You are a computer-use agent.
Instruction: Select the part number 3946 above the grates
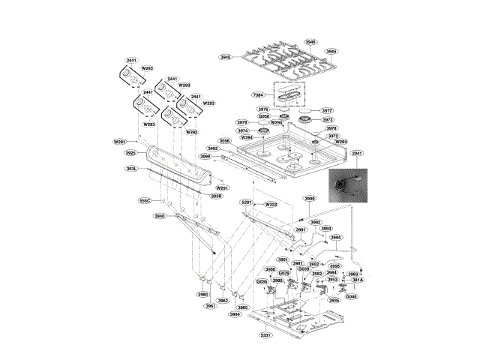pos(310,42)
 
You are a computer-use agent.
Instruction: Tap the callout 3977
pos(327,110)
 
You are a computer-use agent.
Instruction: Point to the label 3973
pos(327,119)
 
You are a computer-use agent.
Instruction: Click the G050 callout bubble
pos(263,116)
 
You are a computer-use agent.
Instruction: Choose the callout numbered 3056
pos(224,141)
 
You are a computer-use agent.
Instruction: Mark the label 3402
pos(213,148)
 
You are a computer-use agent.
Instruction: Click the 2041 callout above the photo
pos(356,154)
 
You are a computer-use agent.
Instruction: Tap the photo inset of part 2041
pos(350,185)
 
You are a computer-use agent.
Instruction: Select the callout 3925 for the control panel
pos(130,153)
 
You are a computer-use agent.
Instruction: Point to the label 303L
pos(131,169)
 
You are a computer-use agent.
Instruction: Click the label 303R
pos(216,196)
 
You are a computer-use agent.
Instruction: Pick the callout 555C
pos(145,201)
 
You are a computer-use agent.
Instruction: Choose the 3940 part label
pos(159,216)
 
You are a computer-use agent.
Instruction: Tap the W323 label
pos(271,204)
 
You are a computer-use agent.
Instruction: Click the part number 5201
pos(246,202)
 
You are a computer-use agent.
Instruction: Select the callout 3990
pos(310,198)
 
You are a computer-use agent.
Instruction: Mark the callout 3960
pos(202,295)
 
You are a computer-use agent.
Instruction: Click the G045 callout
pos(351,296)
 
